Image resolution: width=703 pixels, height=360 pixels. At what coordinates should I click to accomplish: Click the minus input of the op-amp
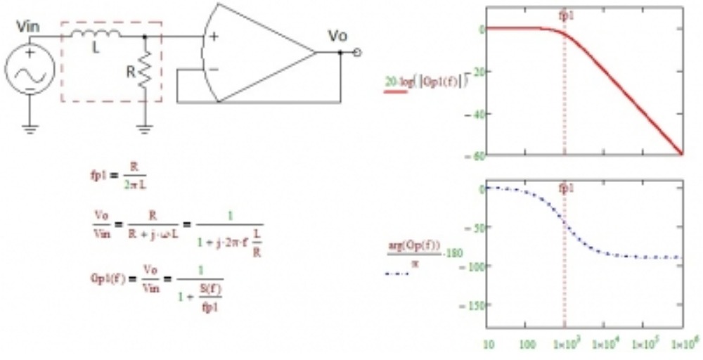click(213, 69)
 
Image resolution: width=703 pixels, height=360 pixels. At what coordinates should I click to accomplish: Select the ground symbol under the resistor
click(145, 128)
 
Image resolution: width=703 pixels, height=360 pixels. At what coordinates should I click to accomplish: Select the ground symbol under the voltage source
click(30, 128)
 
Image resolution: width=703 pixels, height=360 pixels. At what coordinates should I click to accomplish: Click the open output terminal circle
click(359, 52)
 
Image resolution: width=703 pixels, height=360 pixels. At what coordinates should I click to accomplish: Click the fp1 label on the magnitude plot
click(565, 13)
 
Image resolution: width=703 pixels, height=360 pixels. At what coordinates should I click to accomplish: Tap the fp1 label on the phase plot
click(565, 188)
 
